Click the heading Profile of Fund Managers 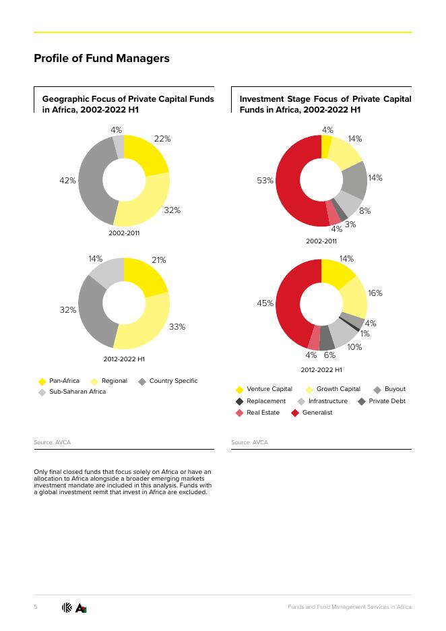(x=102, y=59)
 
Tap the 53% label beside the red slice (x=265, y=181)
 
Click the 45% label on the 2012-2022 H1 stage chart (x=265, y=303)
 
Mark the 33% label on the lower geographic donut (x=177, y=327)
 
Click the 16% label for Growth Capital (x=375, y=293)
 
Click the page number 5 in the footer (x=36, y=607)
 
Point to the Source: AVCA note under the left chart (x=52, y=442)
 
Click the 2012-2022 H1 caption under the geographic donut (x=124, y=359)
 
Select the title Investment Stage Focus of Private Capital (x=325, y=99)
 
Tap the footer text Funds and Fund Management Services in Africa (x=349, y=607)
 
